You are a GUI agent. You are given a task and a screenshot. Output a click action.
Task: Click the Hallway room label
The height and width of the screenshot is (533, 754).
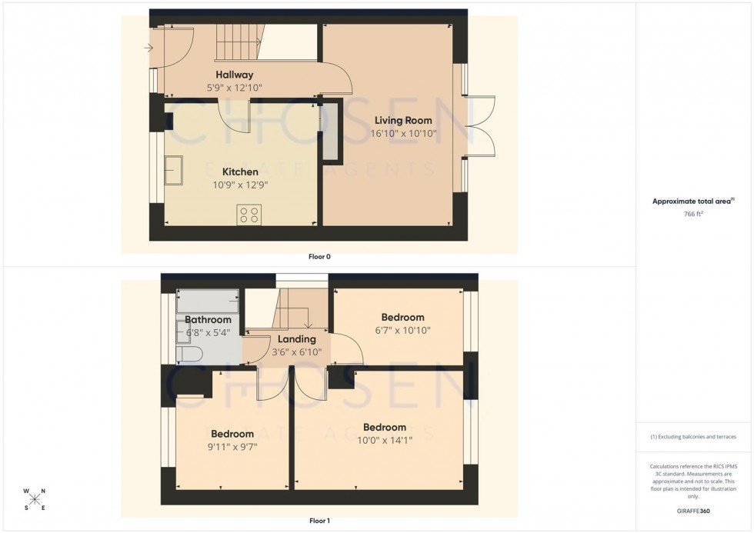[x=235, y=75]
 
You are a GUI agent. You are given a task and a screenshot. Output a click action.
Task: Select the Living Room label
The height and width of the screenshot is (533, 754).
[x=403, y=120]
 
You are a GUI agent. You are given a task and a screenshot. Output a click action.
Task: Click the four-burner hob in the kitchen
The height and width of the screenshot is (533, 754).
[x=249, y=215]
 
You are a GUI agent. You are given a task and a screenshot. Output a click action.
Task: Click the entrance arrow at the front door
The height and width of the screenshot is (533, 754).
[x=148, y=48]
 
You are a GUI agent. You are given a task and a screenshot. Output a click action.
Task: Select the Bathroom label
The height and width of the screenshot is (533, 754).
[x=208, y=320]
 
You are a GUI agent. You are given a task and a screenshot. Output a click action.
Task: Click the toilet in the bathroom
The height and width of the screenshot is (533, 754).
[x=188, y=353]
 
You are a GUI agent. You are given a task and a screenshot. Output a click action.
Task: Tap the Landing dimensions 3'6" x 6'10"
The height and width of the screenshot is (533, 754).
[x=296, y=353]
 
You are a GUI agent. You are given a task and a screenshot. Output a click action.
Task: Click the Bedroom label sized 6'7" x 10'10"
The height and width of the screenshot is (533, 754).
[x=402, y=317]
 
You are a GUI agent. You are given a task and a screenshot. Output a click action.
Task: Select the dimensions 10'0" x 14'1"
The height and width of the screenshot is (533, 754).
[x=385, y=441]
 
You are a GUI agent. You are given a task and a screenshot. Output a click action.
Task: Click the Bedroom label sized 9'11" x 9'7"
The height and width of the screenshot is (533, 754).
[x=232, y=434]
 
